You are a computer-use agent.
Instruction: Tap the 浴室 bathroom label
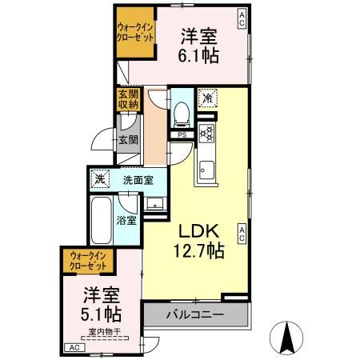click(125, 219)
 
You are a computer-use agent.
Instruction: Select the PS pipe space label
click(182, 135)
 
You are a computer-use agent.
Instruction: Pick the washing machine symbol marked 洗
click(100, 179)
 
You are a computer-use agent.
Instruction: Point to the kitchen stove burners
click(206, 134)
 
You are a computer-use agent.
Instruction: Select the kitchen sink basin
click(206, 170)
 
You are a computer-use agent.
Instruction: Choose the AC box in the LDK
click(241, 234)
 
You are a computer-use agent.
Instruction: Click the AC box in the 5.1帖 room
click(73, 347)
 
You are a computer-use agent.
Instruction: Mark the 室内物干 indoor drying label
click(104, 331)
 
